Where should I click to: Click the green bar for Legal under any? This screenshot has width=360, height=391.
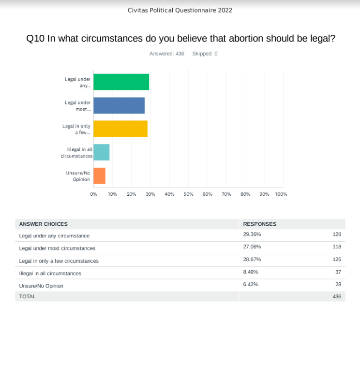[121, 82]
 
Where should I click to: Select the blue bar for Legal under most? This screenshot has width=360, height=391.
[119, 105]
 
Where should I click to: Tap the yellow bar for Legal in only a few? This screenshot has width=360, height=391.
[120, 129]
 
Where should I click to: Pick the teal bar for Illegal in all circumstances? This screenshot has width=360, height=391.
[101, 152]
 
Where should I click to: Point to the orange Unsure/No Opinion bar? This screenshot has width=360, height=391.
[99, 175]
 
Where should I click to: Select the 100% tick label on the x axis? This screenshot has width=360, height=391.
[281, 194]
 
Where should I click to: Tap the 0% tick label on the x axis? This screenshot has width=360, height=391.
[93, 194]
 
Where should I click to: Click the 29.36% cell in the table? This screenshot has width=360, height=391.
[252, 234]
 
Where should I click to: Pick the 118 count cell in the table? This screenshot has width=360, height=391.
[337, 246]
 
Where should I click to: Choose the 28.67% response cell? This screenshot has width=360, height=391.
[252, 260]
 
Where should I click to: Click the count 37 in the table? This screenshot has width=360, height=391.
[338, 272]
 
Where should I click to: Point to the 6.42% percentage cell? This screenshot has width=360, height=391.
[250, 284]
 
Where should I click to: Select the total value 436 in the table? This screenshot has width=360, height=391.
[337, 296]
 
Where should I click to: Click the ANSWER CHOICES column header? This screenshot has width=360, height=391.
[43, 224]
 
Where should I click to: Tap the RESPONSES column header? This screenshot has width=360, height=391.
[259, 224]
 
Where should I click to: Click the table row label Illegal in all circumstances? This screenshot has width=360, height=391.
[50, 273]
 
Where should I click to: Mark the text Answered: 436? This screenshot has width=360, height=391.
[167, 54]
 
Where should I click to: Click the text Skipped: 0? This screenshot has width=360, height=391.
[205, 54]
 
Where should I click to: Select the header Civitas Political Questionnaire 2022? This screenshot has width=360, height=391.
[180, 10]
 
